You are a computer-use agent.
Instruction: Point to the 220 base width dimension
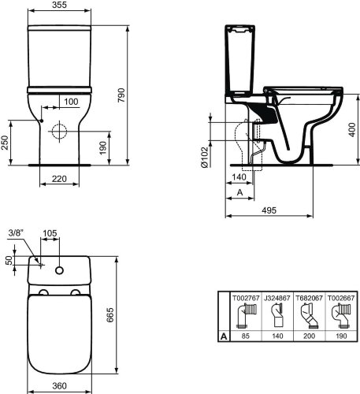pos(59,179)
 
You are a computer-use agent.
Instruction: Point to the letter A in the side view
pos(239,192)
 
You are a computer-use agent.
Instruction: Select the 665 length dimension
pos(122,317)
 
